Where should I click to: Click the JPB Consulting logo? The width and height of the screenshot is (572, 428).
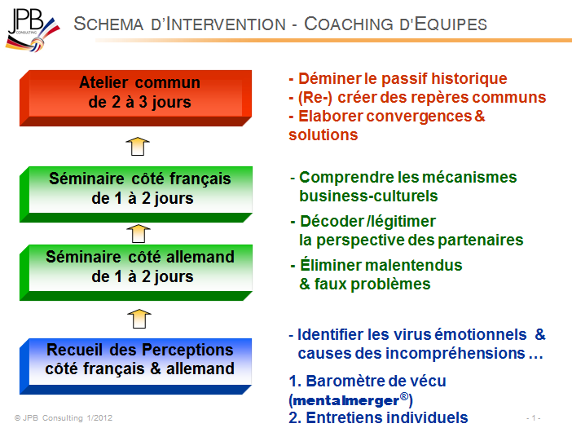(x=33, y=30)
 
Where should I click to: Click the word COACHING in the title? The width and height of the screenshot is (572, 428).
(x=349, y=24)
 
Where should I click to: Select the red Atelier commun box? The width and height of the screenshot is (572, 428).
(x=136, y=98)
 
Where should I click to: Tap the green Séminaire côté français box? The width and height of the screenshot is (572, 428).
(x=136, y=194)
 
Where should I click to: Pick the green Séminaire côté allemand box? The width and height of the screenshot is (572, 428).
(x=136, y=272)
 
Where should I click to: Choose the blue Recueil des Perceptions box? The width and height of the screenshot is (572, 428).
(x=136, y=366)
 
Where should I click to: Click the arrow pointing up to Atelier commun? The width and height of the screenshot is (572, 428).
(x=138, y=146)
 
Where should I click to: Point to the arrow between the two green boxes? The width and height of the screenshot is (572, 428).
(x=139, y=233)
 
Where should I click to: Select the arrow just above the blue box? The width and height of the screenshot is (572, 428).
(x=139, y=319)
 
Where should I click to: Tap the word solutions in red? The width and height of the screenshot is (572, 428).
(x=323, y=135)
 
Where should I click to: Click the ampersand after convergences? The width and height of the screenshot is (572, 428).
(x=480, y=116)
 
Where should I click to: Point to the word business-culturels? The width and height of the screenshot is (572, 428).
(x=368, y=196)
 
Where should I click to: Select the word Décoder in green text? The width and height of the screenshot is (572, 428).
(x=332, y=222)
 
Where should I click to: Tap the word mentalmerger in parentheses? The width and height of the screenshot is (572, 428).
(x=345, y=400)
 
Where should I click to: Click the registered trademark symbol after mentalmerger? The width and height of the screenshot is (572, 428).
(x=404, y=396)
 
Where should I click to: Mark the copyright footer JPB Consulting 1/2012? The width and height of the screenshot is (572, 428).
(x=64, y=417)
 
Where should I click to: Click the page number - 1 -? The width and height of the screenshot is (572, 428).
(x=534, y=417)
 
